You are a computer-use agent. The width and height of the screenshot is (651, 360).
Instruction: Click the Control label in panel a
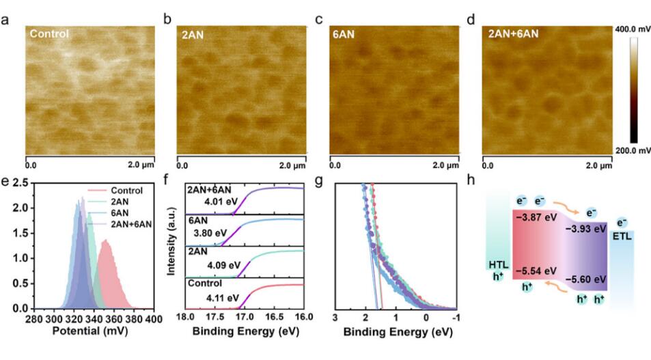[50, 33]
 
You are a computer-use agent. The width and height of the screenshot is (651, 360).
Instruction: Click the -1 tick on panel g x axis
[456, 319]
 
